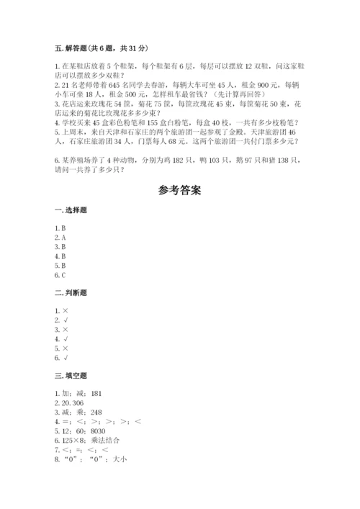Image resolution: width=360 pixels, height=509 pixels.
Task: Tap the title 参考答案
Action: coord(180,191)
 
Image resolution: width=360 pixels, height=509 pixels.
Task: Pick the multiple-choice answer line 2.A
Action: coord(60,237)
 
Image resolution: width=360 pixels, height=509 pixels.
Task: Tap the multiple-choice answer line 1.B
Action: coord(60,228)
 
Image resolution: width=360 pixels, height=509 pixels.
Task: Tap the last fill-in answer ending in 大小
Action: coord(91,460)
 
